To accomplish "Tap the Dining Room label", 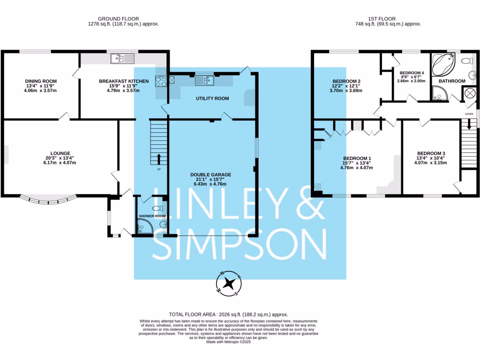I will click(x=41, y=81).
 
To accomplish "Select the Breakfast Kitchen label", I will click(x=124, y=81).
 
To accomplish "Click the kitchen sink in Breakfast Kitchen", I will click(x=122, y=59).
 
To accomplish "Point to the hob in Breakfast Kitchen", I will click(x=161, y=81).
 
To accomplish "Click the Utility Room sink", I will click(x=204, y=81).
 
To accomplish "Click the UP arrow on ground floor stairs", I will click(x=159, y=158).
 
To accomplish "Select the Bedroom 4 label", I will click(x=412, y=73).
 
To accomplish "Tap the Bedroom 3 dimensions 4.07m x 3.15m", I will click(x=431, y=163).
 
